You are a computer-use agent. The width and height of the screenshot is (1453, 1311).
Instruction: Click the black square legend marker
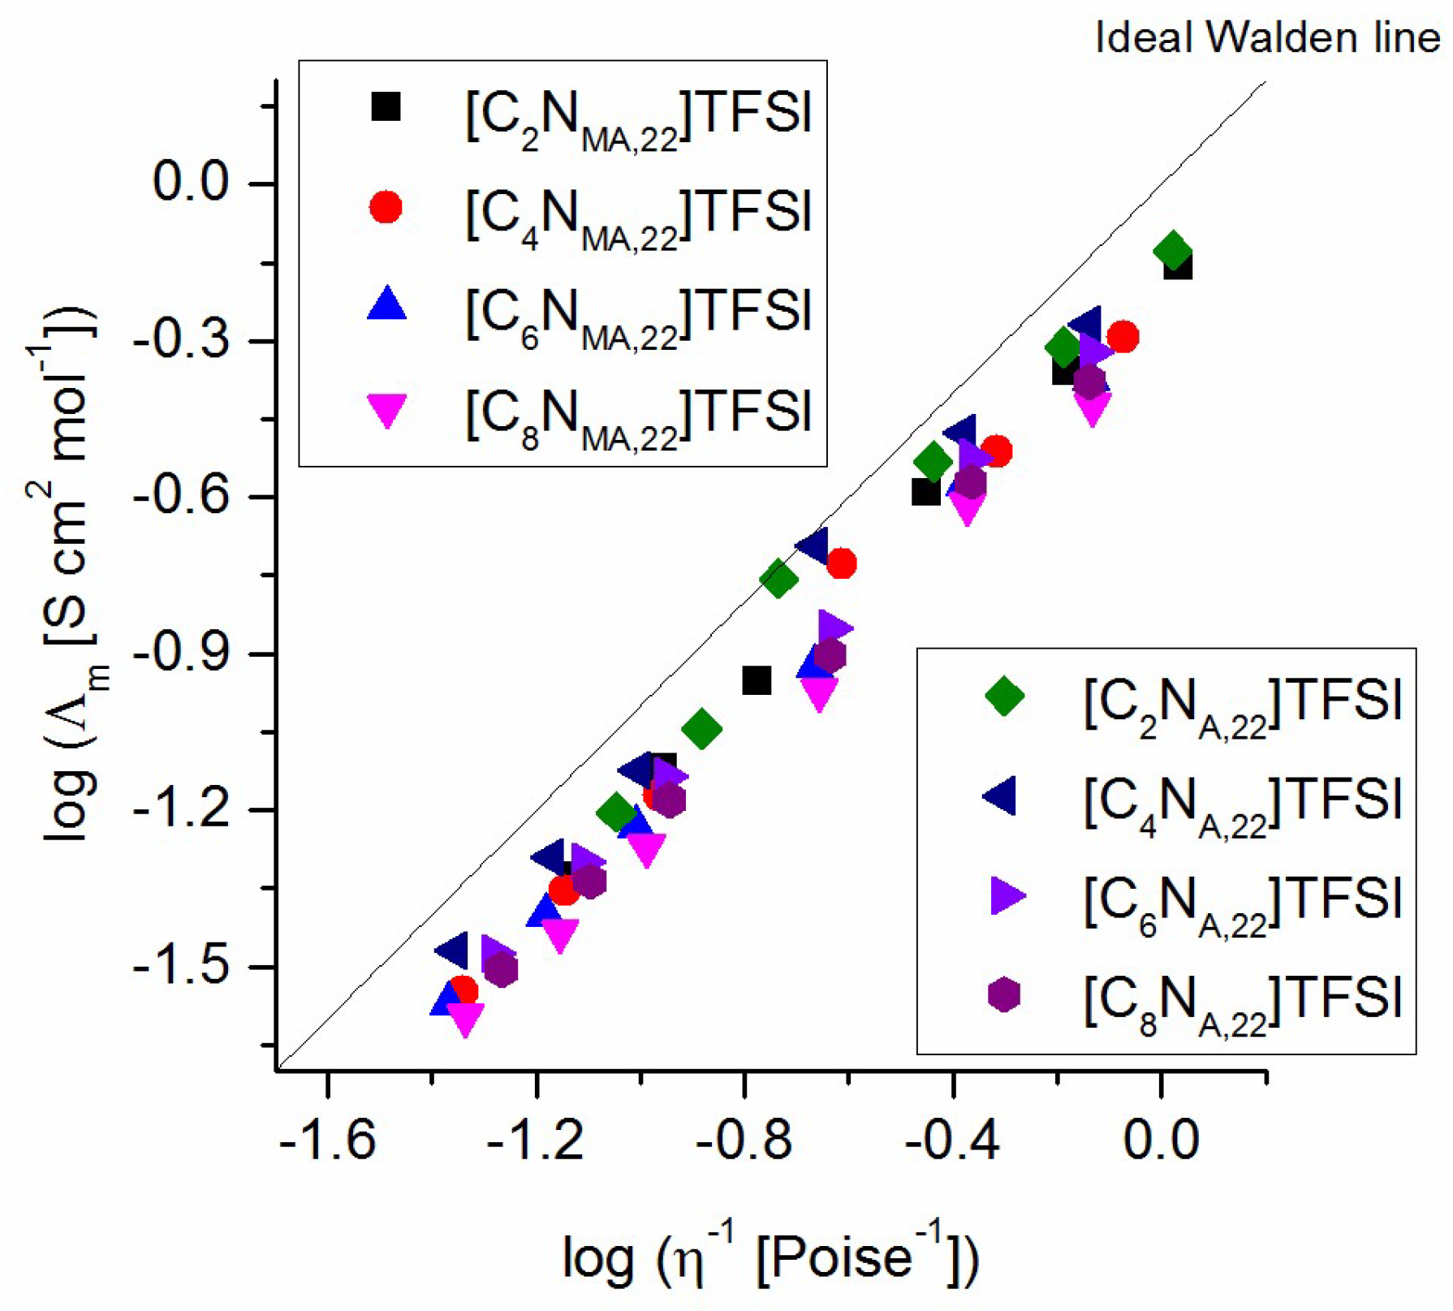(386, 106)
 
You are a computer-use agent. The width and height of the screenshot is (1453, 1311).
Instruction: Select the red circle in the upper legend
(386, 207)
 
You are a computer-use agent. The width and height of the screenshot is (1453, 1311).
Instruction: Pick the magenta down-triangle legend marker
(387, 410)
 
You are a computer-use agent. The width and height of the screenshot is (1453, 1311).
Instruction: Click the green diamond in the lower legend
(1004, 696)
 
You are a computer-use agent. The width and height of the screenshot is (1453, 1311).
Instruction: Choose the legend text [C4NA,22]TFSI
(1243, 800)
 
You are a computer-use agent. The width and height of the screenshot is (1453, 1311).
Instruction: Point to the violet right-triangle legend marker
(1006, 896)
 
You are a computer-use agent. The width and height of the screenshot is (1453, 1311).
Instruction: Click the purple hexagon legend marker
(1004, 994)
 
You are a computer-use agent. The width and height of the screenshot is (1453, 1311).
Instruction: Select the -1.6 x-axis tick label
(327, 1139)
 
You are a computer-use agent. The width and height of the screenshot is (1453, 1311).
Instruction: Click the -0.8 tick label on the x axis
(744, 1139)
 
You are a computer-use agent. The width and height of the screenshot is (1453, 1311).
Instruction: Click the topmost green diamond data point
(1172, 250)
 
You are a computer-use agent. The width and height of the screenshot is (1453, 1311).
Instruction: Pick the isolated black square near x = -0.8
(757, 680)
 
